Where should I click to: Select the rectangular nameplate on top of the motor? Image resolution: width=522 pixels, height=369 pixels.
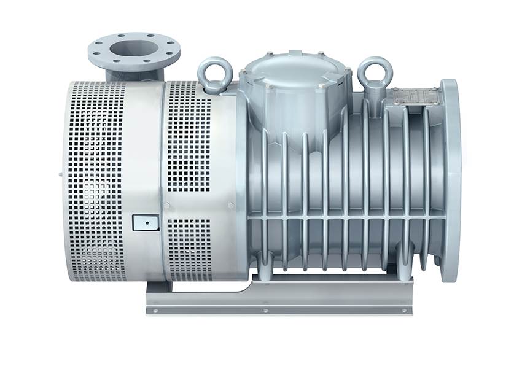click(x=416, y=96)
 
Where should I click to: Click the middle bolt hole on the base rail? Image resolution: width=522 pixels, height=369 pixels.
click(x=265, y=311)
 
